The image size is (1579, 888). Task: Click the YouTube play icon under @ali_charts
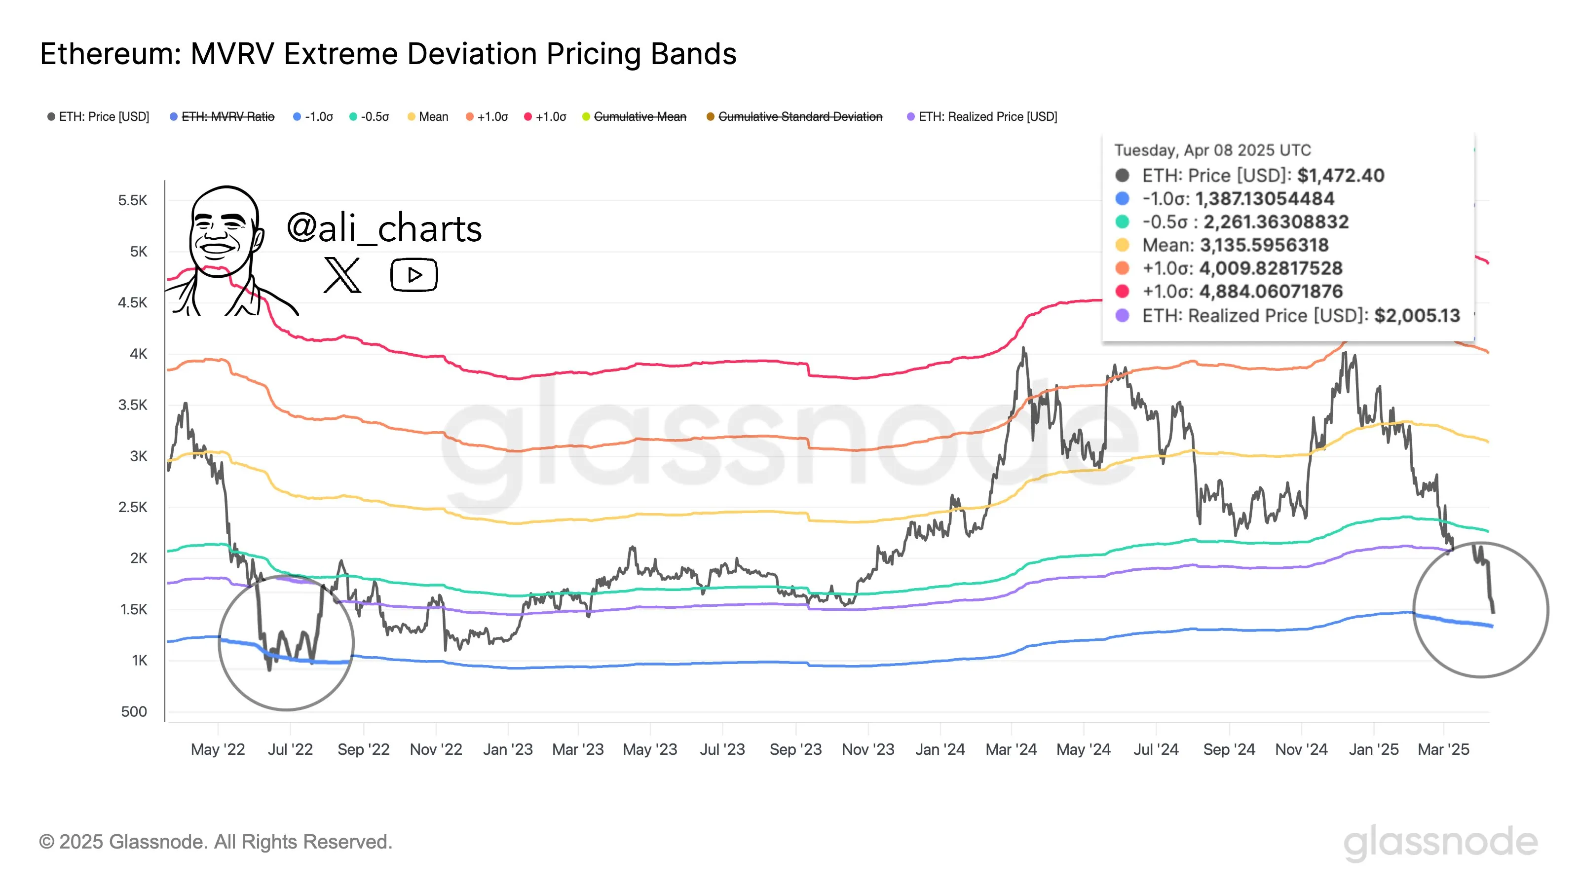(414, 275)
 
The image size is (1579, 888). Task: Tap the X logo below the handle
(342, 275)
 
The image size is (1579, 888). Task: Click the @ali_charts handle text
(384, 228)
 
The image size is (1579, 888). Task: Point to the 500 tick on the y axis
(134, 711)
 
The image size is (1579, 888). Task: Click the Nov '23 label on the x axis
(868, 749)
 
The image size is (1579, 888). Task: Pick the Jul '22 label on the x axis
(290, 749)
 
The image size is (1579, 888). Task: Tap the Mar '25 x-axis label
(1443, 749)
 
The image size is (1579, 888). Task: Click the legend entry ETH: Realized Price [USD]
(987, 116)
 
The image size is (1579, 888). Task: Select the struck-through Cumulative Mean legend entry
(639, 116)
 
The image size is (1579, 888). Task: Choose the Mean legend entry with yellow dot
(433, 116)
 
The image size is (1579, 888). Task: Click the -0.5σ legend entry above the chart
(374, 116)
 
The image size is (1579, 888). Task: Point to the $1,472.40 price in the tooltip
(1341, 176)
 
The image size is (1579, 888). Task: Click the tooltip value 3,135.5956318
(1264, 245)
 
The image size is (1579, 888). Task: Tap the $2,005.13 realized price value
(1417, 316)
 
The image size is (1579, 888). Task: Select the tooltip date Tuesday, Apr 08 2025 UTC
(1212, 150)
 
